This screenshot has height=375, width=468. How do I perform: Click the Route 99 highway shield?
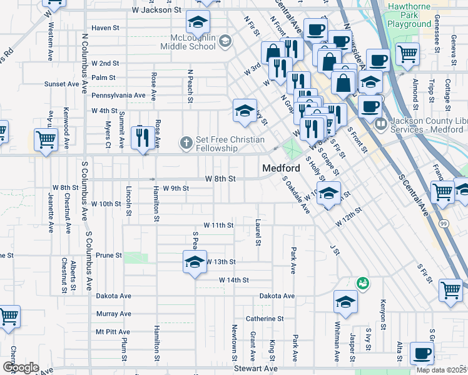[443, 224]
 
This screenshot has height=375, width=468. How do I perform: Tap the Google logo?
[21, 367]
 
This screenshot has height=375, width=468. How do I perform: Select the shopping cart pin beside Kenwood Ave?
[46, 141]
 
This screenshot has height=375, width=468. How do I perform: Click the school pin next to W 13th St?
[195, 261]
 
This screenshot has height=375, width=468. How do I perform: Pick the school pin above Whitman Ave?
[345, 302]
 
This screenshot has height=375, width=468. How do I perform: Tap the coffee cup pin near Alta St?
[422, 353]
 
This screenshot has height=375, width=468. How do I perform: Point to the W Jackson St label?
[156, 11]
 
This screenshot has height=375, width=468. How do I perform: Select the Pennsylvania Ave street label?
[118, 96]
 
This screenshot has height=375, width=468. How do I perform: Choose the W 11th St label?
[218, 224]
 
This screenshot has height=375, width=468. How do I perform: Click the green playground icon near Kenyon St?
[362, 284]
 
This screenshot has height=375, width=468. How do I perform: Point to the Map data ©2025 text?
[442, 370]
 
